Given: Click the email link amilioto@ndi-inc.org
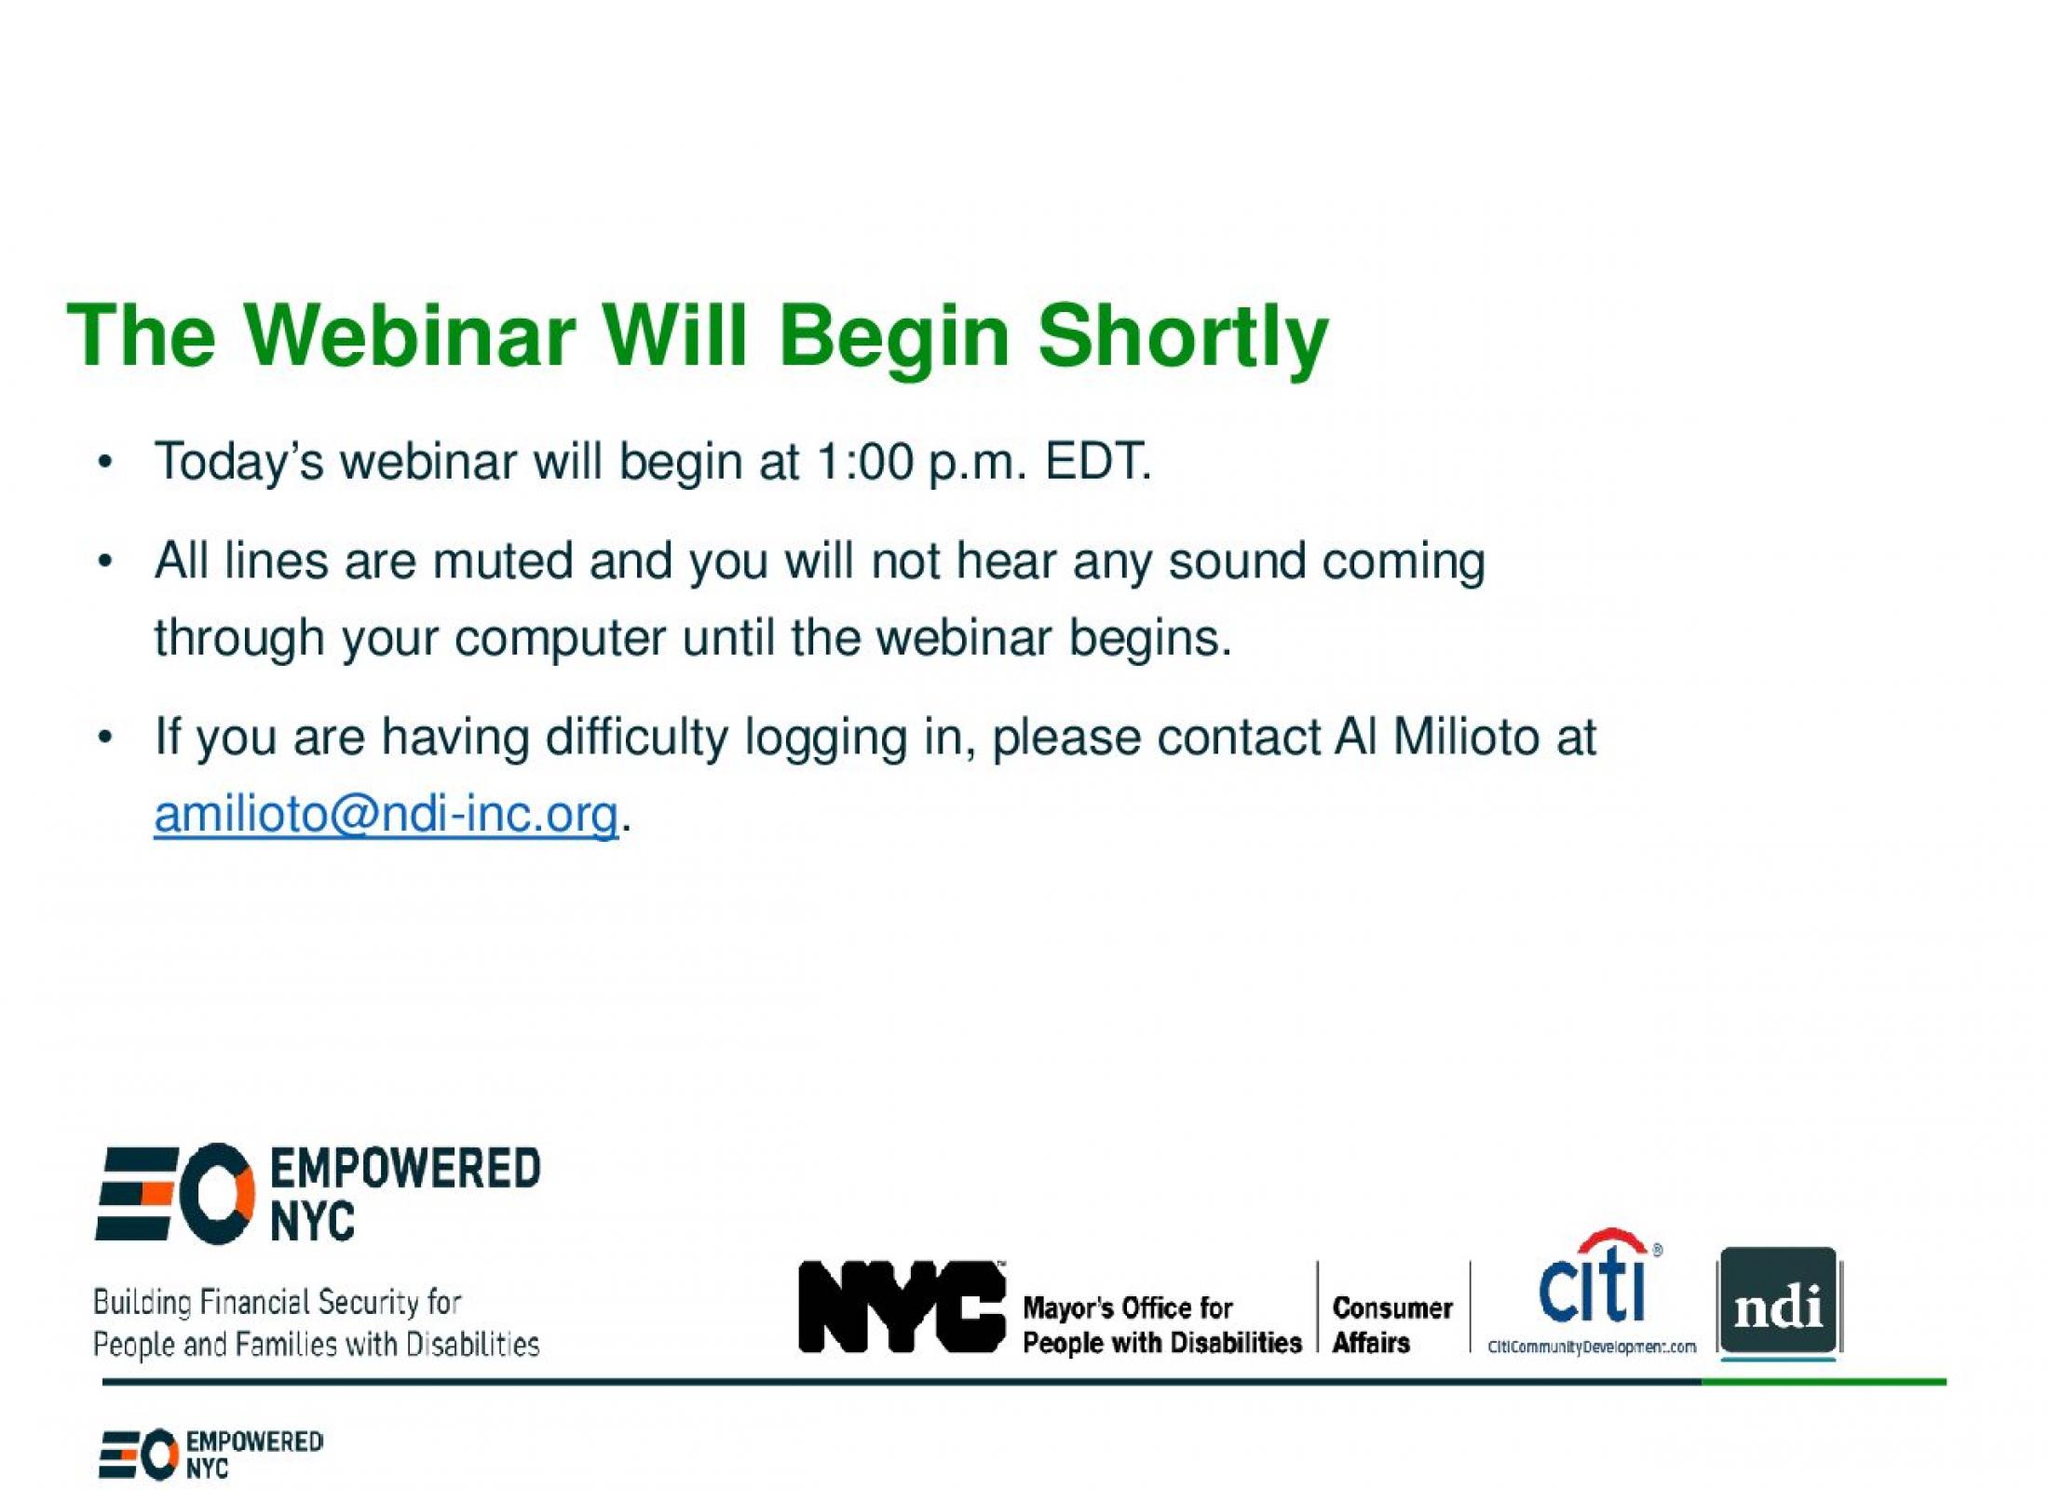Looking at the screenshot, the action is pyautogui.click(x=387, y=814).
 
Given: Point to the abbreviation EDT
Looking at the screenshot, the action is pyautogui.click(x=1098, y=461).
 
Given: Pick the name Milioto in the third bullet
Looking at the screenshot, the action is pyautogui.click(x=1466, y=738).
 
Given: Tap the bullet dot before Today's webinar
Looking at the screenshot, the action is pyautogui.click(x=105, y=463).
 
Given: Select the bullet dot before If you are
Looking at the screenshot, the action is pyautogui.click(x=105, y=738).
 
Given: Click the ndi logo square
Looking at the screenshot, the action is pyautogui.click(x=1779, y=1302).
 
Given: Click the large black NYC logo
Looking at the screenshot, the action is pyautogui.click(x=902, y=1307).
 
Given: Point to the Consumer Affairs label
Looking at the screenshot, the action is pyautogui.click(x=1392, y=1325).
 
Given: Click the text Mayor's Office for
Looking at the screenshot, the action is pyautogui.click(x=1128, y=1307).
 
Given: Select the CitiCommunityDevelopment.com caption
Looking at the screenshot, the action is pyautogui.click(x=1592, y=1347).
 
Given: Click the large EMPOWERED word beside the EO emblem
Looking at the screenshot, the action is pyautogui.click(x=405, y=1170).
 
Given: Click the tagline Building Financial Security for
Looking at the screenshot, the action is pyautogui.click(x=278, y=1302).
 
